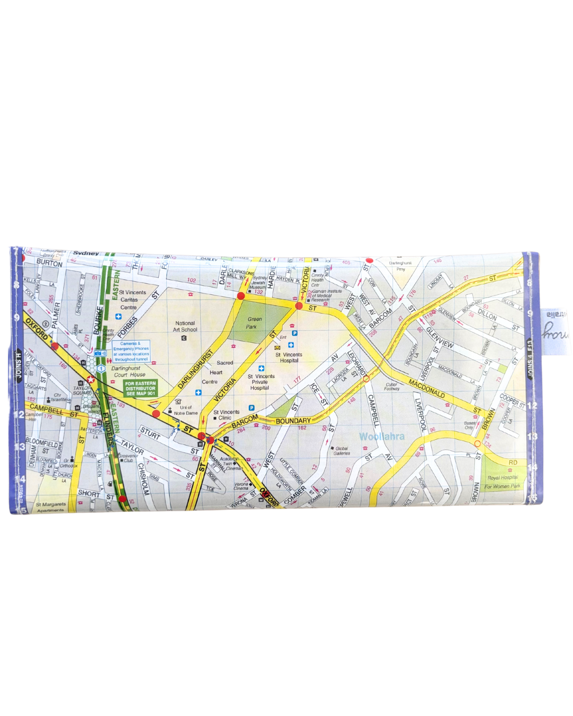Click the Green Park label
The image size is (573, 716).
click(254, 323)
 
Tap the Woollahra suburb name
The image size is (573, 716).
click(381, 436)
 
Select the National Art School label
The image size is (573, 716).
click(185, 326)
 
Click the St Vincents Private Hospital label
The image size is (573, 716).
click(261, 382)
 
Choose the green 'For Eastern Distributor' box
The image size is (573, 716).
click(141, 388)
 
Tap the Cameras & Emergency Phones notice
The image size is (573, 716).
click(131, 352)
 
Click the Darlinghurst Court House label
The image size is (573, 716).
click(128, 371)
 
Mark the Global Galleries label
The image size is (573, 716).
click(342, 451)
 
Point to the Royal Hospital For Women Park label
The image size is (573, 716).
click(502, 482)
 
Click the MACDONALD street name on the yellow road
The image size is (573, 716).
click(427, 388)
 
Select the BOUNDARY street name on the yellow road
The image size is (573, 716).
click(293, 421)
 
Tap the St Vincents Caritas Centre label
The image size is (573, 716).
click(132, 300)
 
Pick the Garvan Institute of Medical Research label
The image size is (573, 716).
click(326, 295)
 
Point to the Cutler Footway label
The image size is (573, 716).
click(392, 387)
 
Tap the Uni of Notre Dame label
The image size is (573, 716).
click(186, 410)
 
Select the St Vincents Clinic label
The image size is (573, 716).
click(227, 415)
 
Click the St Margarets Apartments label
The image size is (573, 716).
click(51, 507)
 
